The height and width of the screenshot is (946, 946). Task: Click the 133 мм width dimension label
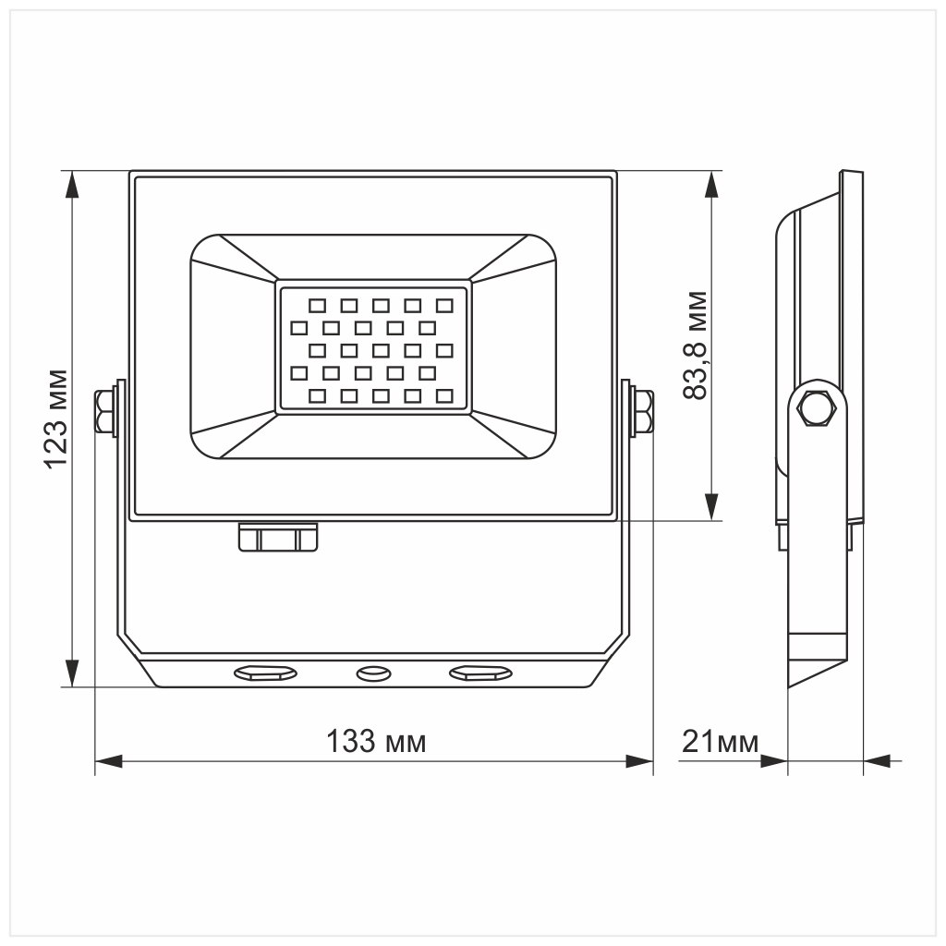click(377, 741)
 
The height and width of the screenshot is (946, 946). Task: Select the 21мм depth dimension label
click(720, 741)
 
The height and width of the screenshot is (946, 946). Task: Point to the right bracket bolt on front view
click(641, 412)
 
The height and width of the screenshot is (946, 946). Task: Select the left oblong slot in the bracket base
click(265, 673)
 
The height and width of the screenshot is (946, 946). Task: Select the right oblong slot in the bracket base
click(480, 673)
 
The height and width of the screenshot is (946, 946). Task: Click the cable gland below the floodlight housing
click(278, 538)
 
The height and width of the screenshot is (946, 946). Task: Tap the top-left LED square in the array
click(317, 305)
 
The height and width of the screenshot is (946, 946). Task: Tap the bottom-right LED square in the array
click(444, 396)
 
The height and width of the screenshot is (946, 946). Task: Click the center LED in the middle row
click(381, 350)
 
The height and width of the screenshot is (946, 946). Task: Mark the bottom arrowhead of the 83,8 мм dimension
click(710, 507)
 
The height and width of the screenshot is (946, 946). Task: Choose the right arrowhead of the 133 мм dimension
click(639, 762)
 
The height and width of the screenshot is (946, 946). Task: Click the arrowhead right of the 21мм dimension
click(877, 762)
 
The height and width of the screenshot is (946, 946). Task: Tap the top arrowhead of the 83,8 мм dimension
click(710, 185)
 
